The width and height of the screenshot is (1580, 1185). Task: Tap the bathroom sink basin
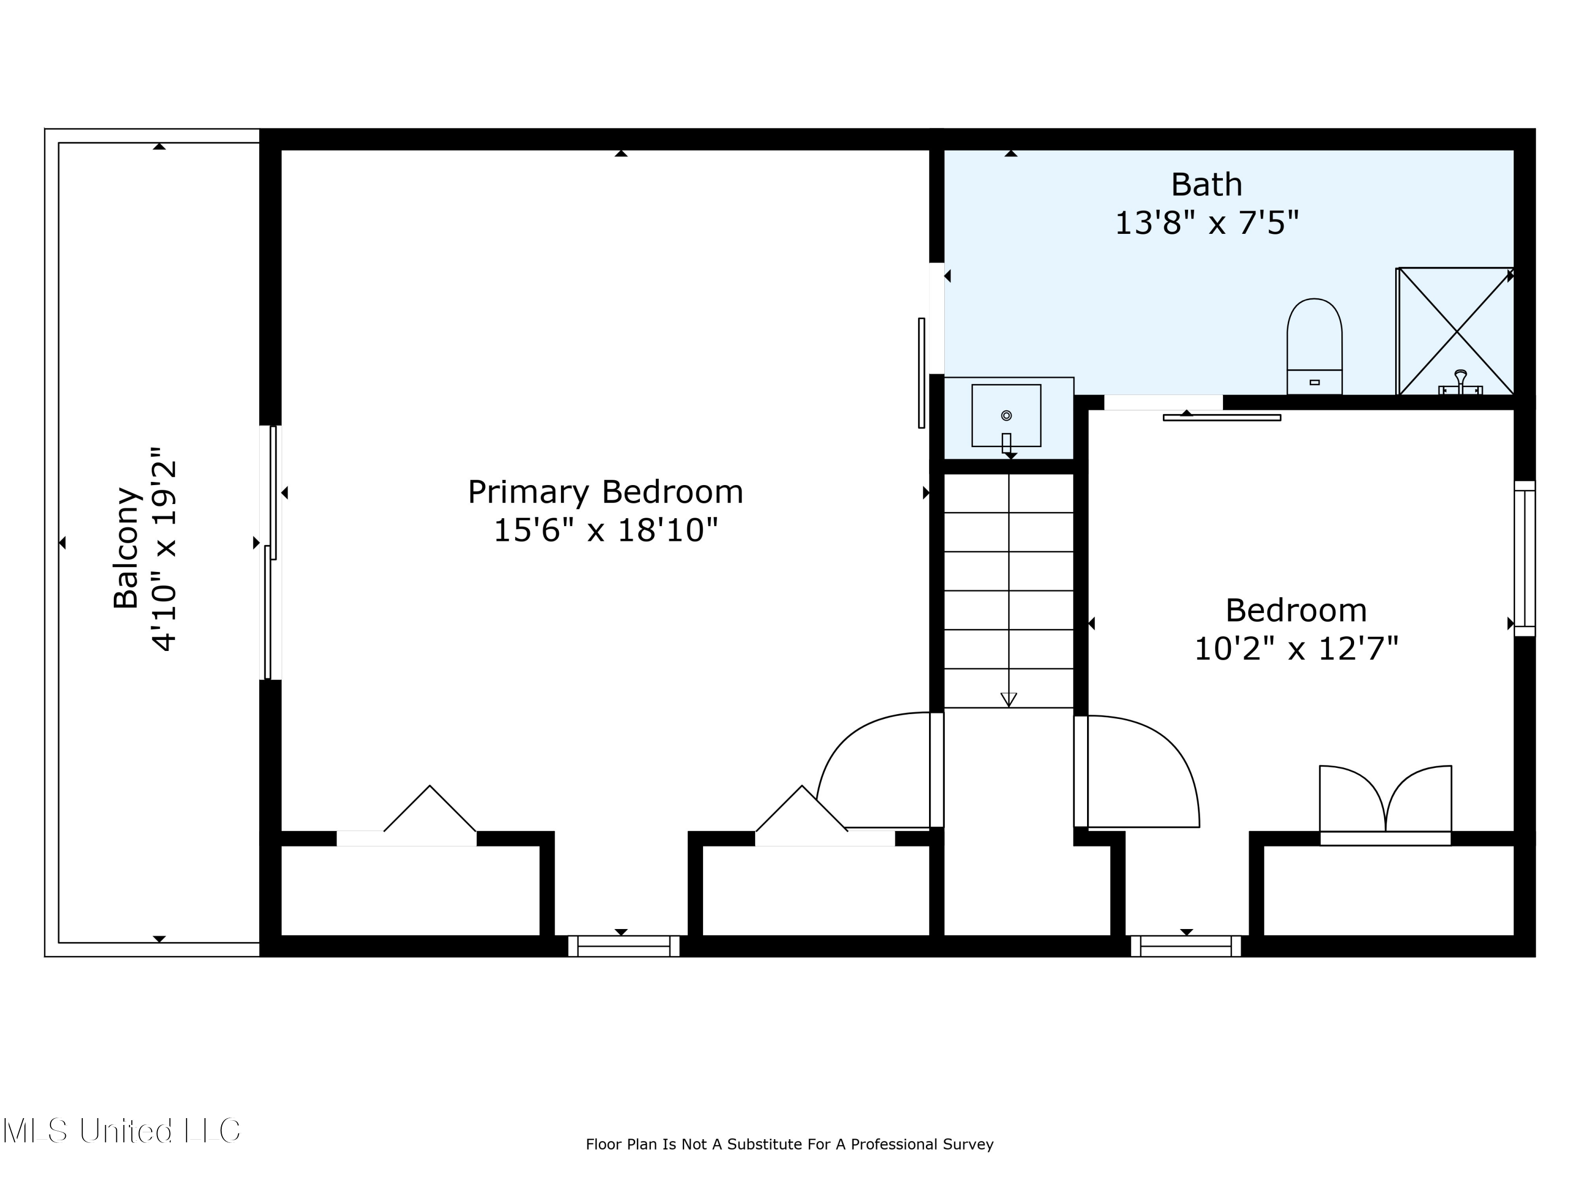(x=1006, y=415)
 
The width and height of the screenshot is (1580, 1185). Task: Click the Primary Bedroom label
(x=605, y=492)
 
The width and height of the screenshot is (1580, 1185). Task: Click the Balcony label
(x=126, y=547)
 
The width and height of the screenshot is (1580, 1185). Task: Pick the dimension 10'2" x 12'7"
(x=1296, y=649)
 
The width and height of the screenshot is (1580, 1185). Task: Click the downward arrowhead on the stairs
(x=1009, y=699)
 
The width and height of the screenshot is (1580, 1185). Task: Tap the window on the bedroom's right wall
(x=1524, y=559)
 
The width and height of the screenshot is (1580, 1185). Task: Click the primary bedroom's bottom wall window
(x=624, y=946)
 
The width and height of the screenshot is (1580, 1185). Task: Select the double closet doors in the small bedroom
(x=1385, y=801)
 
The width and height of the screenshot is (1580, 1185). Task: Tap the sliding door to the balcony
(x=271, y=552)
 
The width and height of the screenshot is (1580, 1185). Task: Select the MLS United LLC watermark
(x=122, y=1131)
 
